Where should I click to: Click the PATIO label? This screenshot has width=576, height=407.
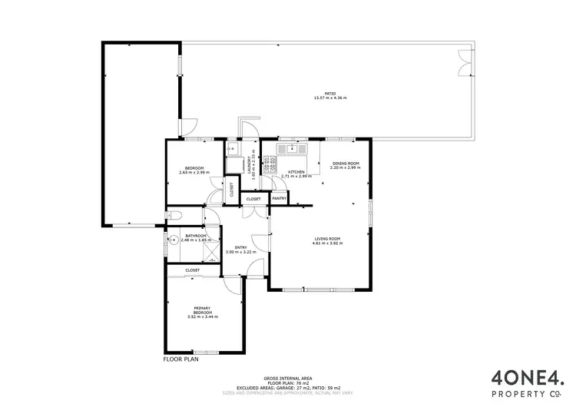[330, 94]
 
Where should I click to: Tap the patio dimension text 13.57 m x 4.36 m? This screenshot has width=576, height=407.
[330, 98]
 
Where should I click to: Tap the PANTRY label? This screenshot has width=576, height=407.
[279, 199]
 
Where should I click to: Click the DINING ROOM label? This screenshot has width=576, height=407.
[345, 164]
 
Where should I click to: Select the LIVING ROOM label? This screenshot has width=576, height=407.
[326, 238]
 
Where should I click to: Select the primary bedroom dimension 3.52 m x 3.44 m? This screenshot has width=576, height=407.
[202, 317]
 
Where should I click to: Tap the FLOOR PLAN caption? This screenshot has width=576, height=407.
[181, 359]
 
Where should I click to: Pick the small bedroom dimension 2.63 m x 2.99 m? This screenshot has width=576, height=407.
[194, 173]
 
